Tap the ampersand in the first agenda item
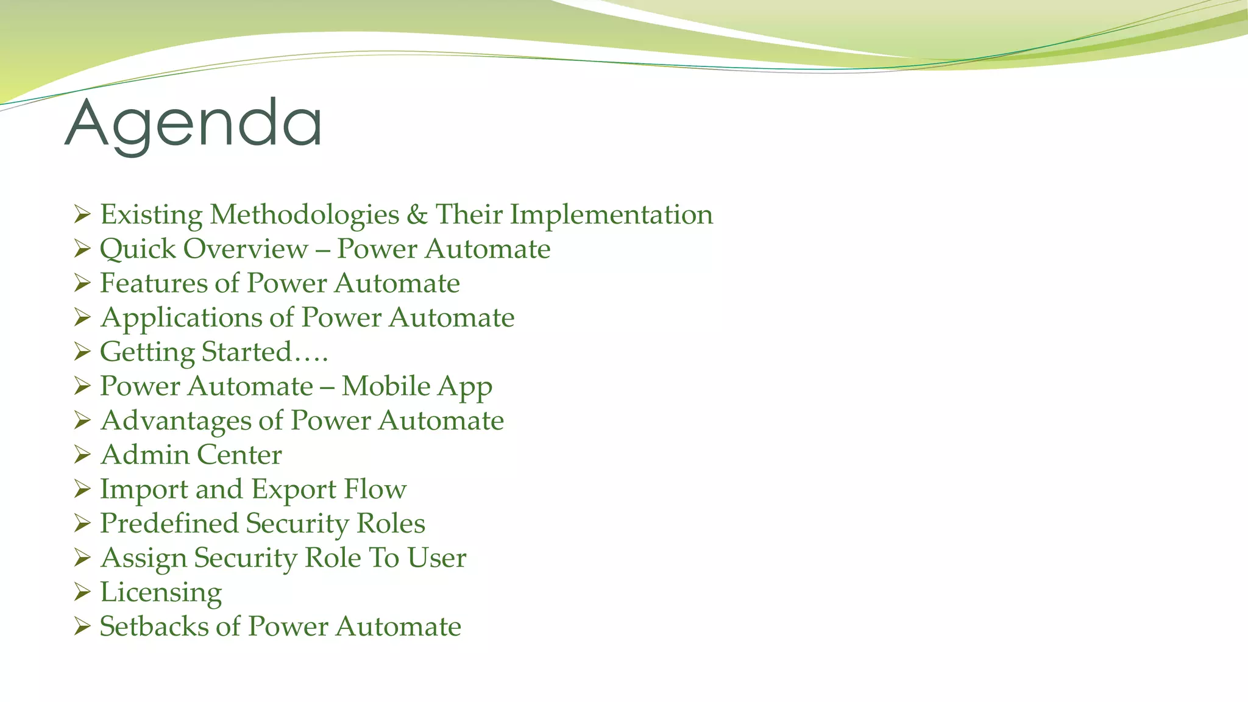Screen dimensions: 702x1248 coord(417,214)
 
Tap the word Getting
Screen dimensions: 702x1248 coord(147,352)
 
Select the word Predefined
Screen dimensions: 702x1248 coord(169,523)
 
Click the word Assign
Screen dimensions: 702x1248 coord(143,558)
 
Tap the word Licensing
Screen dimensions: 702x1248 coord(161,592)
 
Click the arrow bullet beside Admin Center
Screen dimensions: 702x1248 coord(82,455)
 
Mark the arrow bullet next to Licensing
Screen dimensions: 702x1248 coord(82,592)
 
